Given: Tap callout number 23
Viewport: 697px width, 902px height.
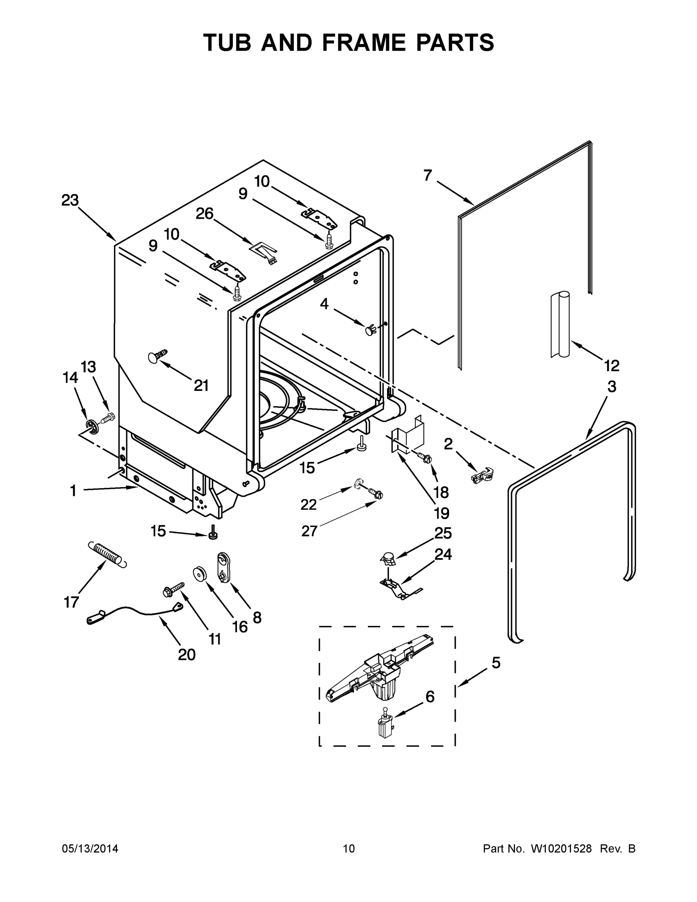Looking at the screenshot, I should (70, 200).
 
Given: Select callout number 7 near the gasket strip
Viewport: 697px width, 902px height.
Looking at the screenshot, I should (427, 176).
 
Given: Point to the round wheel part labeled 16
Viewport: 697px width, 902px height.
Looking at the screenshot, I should (200, 574).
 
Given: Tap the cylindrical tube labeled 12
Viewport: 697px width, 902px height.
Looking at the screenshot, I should (560, 324).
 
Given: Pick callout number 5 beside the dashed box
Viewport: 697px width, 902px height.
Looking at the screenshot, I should (496, 663).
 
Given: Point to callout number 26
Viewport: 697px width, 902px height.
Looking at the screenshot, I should (204, 213).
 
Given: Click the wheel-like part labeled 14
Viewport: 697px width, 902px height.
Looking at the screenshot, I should (92, 425).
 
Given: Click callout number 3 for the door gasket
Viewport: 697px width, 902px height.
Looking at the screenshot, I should (612, 387).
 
